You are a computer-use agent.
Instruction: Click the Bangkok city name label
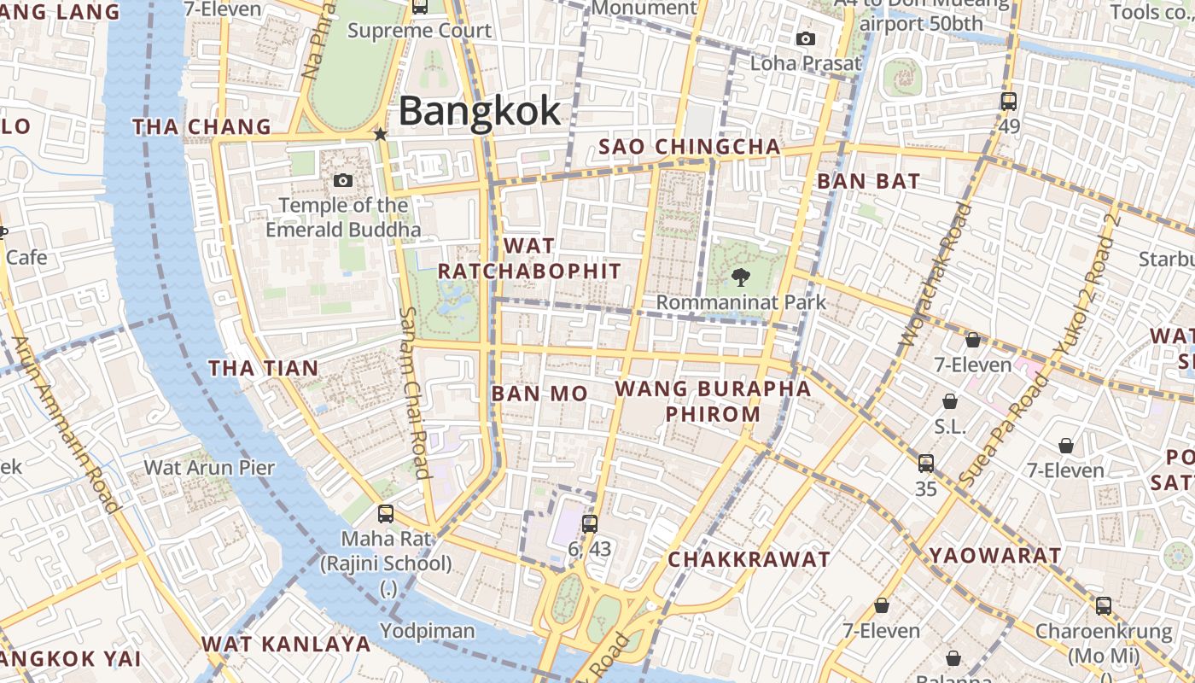tap(480, 112)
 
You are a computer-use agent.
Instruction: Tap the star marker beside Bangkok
tap(381, 135)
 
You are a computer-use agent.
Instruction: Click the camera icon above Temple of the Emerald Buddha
tap(343, 181)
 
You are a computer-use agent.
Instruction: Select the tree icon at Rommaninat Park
tap(740, 277)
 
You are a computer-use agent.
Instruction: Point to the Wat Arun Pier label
tap(209, 467)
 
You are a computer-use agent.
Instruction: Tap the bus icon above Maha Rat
tap(386, 514)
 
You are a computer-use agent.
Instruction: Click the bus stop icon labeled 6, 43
tap(589, 524)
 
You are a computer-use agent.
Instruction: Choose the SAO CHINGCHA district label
tap(690, 147)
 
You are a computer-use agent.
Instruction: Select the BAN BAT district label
tap(868, 181)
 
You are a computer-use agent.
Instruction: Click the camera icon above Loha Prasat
tap(805, 39)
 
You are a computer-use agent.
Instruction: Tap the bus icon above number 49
tap(1009, 102)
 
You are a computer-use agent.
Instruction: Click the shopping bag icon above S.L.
tap(949, 401)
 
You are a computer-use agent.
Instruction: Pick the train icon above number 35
tap(926, 464)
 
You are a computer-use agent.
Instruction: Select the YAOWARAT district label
tap(995, 556)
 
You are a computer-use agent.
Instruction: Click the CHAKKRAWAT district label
tap(749, 559)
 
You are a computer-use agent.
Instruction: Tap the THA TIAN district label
tap(264, 369)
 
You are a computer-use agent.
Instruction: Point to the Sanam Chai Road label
tap(414, 392)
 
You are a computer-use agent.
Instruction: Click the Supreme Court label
tap(420, 32)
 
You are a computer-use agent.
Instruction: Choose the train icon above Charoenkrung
tap(1104, 606)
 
